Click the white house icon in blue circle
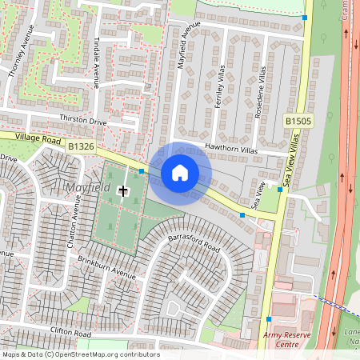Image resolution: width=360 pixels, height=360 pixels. [180, 172]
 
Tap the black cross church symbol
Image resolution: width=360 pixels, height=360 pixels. [123, 190]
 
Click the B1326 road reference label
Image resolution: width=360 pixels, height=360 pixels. [81, 146]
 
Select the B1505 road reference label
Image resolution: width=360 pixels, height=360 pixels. [298, 121]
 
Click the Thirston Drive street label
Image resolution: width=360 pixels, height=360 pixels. [82, 120]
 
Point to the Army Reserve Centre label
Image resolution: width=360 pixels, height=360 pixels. [286, 339]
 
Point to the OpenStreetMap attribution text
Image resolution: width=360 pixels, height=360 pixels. [81, 354]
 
